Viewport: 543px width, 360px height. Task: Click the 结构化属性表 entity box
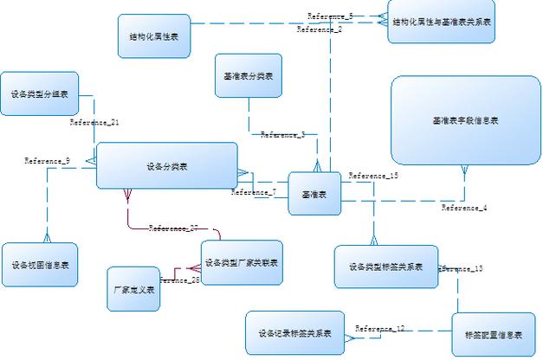[x=153, y=36]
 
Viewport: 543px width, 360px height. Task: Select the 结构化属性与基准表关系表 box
[x=442, y=22]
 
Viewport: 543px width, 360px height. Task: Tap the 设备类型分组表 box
[x=39, y=93]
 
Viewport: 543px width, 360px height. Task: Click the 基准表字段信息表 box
[x=465, y=120]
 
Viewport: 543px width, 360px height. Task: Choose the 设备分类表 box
[x=166, y=165]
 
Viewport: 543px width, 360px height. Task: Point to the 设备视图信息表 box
[x=40, y=265]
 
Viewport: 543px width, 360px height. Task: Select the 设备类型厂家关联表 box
[x=242, y=262]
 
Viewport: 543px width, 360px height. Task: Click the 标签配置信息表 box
[x=494, y=335]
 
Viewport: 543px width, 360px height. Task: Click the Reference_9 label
[x=47, y=161]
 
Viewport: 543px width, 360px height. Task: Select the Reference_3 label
[x=282, y=135]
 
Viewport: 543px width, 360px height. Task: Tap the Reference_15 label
[x=373, y=176]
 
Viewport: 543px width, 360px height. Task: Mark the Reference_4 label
[x=464, y=208]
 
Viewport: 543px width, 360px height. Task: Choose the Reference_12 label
[x=379, y=329]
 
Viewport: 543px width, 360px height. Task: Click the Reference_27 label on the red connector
[x=173, y=228]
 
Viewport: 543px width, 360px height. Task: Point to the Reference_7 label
[x=254, y=192]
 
